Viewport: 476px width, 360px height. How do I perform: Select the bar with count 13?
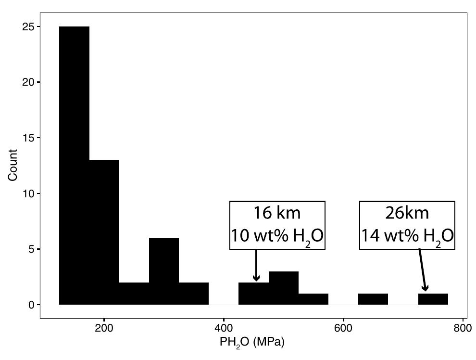point(104,231)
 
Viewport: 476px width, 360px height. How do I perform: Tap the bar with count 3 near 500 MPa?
point(283,288)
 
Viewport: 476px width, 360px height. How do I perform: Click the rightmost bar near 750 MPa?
point(433,299)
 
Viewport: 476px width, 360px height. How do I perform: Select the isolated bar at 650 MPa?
point(373,299)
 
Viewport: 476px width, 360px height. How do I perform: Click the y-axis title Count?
point(13,165)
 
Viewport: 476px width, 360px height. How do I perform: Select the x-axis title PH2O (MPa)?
point(252,343)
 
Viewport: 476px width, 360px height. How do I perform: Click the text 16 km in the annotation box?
point(277,213)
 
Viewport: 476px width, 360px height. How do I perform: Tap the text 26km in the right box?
point(407,213)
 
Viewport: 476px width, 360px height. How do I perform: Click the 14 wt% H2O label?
point(407,236)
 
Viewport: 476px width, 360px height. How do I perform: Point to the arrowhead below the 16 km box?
point(256,278)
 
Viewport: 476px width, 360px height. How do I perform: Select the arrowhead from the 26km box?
point(425,288)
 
